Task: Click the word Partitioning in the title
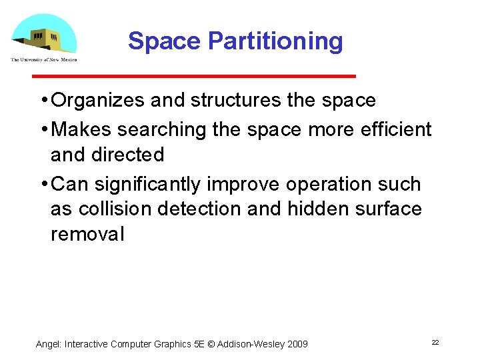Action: [275, 41]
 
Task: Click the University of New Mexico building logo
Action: [44, 37]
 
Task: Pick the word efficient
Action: [399, 129]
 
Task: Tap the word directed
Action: [131, 155]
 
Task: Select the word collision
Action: [115, 209]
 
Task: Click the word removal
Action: [87, 234]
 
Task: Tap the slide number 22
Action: [435, 342]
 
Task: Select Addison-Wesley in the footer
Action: [250, 344]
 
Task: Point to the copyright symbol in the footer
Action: [211, 344]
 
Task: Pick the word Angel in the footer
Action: [48, 344]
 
